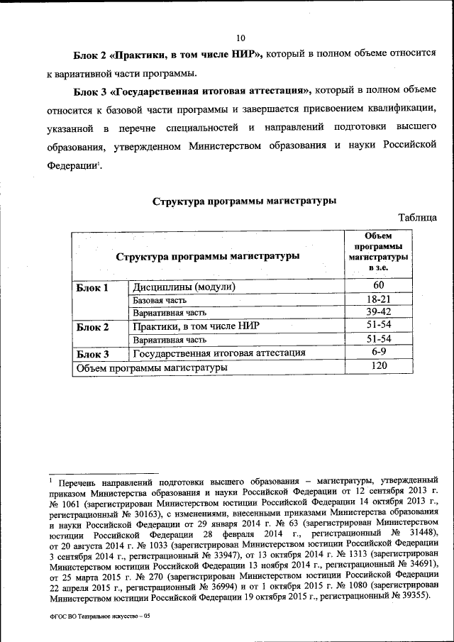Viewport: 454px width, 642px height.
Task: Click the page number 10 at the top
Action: pyautogui.click(x=240, y=38)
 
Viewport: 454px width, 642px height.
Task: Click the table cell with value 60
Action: pyautogui.click(x=380, y=286)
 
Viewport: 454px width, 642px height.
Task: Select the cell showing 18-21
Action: pyautogui.click(x=380, y=299)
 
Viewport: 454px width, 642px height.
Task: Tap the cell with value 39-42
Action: pyautogui.click(x=380, y=312)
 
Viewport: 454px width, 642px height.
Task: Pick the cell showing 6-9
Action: pyautogui.click(x=380, y=352)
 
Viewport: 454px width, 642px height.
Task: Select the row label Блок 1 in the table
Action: pyautogui.click(x=92, y=288)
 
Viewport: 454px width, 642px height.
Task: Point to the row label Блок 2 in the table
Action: pyautogui.click(x=92, y=327)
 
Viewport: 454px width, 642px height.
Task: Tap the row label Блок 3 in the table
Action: pyautogui.click(x=92, y=353)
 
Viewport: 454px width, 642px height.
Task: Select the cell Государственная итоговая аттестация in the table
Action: pyautogui.click(x=219, y=353)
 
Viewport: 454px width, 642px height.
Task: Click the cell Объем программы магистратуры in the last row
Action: pyautogui.click(x=152, y=367)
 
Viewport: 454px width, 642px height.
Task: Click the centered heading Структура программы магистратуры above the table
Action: pyautogui.click(x=244, y=201)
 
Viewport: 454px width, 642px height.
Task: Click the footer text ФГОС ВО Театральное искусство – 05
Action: pyautogui.click(x=101, y=617)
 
